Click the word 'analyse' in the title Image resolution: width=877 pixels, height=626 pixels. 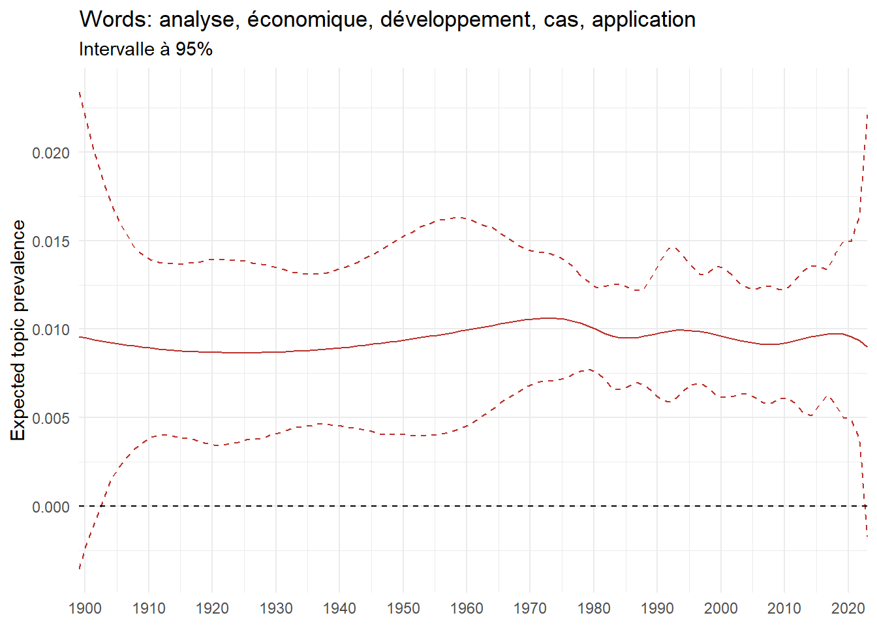(196, 20)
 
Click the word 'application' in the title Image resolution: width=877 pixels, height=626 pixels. (643, 20)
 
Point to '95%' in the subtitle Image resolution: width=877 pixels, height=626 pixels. (194, 50)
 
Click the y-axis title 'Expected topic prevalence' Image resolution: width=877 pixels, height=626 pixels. (18, 330)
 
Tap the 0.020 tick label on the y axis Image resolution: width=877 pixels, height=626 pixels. (51, 153)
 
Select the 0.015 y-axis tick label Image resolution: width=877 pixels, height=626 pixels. (51, 241)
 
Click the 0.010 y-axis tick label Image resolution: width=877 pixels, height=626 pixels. (51, 330)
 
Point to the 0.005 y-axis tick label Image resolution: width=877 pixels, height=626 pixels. (51, 418)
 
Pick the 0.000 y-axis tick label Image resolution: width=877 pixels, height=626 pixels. (51, 507)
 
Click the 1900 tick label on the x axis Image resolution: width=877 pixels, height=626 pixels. (85, 608)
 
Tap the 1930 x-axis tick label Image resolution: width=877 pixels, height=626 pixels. (276, 608)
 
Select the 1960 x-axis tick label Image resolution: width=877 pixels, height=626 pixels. (467, 608)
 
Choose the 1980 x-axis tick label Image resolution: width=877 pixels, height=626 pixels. (594, 608)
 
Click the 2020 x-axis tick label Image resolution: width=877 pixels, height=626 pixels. (848, 608)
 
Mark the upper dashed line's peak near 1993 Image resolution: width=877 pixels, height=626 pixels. (673, 246)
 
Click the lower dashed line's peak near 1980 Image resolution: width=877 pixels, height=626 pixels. (589, 369)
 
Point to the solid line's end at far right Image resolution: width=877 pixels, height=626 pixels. (867, 347)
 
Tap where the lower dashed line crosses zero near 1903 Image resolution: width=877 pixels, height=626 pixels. (102, 506)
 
